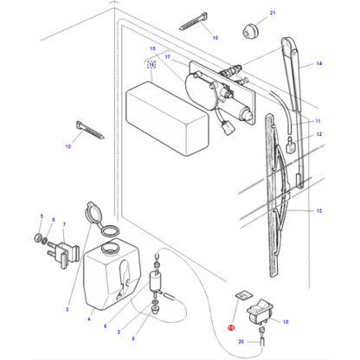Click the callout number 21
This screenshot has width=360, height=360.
point(247,15)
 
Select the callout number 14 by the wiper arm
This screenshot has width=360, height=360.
point(318,65)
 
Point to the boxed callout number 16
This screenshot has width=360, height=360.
point(151,64)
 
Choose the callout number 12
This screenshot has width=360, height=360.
point(318,135)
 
